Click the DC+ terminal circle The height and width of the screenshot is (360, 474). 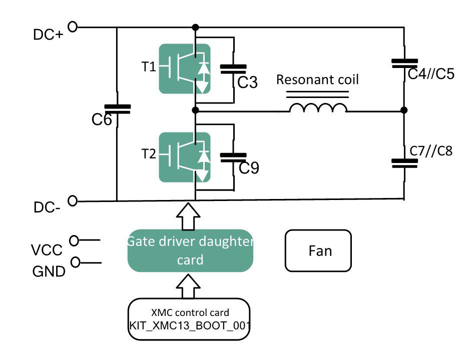[x=73, y=27]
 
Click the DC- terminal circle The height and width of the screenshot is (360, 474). [x=73, y=201]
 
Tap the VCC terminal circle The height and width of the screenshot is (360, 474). [x=74, y=241]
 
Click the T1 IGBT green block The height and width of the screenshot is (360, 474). [x=184, y=68]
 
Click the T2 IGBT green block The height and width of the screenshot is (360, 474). [x=184, y=156]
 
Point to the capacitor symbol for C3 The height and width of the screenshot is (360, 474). [x=233, y=68]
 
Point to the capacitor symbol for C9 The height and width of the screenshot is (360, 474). [x=233, y=156]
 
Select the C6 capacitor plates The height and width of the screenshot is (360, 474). [x=117, y=109]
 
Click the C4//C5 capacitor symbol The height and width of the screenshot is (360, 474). [x=404, y=63]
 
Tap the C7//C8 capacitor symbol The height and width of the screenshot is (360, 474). [x=404, y=162]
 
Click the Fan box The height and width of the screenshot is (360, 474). [x=318, y=250]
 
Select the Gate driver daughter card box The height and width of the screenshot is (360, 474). [x=190, y=251]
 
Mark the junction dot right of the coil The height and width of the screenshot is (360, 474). [x=404, y=110]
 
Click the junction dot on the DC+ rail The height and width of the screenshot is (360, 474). [x=195, y=27]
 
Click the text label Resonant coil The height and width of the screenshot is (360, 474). [x=317, y=79]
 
